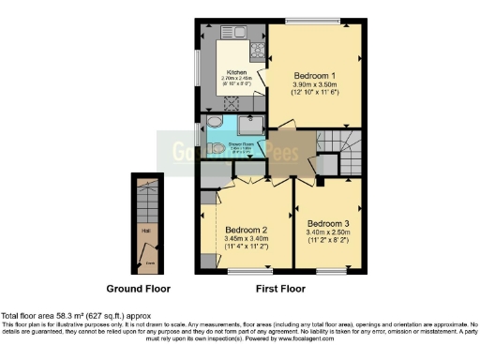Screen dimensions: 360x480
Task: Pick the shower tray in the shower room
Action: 253,127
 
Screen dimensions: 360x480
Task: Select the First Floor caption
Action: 281,288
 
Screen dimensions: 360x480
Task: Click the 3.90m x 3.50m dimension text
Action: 315,83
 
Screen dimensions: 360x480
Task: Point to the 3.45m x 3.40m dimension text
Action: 247,239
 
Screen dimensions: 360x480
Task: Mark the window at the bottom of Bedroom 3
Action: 329,272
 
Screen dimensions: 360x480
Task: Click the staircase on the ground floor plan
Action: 144,201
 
